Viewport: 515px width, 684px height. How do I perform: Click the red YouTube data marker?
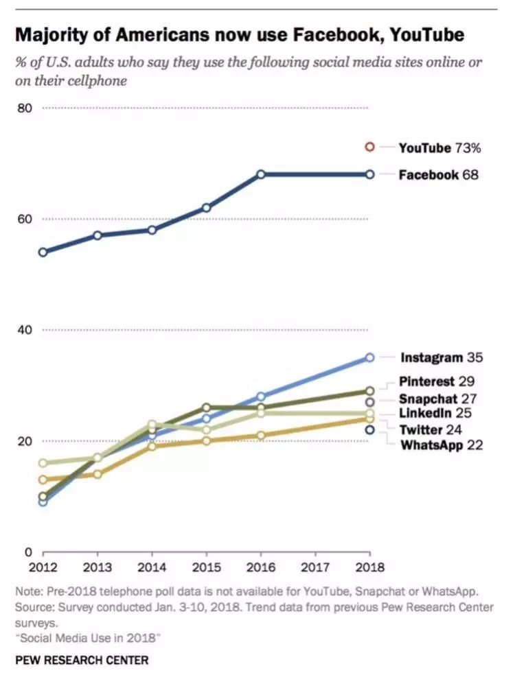369,147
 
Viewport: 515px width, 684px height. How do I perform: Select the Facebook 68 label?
438,175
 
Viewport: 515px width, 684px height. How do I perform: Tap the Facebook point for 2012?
43,252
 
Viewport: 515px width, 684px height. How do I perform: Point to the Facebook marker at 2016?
261,174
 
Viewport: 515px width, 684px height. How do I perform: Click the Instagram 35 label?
442,357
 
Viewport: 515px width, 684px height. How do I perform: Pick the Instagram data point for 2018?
369,357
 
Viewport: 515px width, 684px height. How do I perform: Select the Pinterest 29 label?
437,381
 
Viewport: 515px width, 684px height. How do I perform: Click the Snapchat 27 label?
438,399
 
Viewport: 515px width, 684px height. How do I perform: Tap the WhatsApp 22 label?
442,445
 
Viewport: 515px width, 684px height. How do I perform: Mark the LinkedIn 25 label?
435,414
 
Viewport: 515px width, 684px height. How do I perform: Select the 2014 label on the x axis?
152,567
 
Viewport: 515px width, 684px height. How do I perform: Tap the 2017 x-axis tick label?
315,567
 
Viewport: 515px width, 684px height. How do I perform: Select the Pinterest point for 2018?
369,391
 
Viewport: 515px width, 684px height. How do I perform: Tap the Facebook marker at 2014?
152,230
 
